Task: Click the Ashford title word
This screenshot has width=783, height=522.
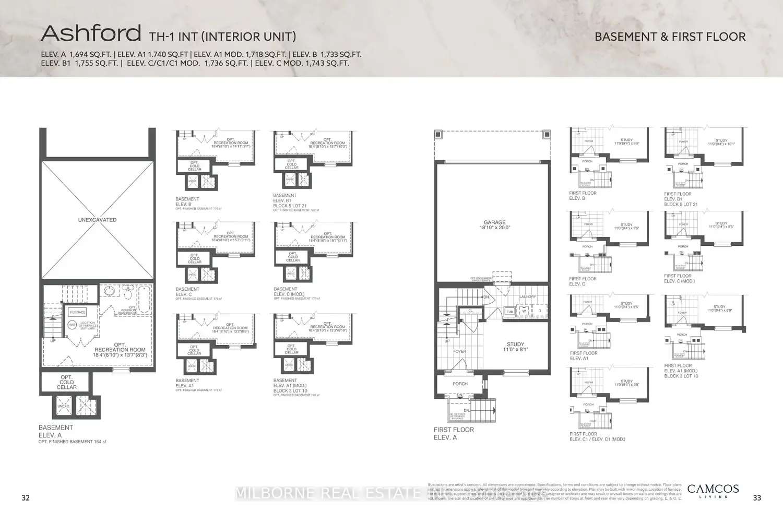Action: tap(91, 33)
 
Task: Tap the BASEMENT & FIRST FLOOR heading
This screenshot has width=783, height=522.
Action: tap(670, 37)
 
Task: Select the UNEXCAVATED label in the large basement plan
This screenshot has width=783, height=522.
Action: tap(97, 220)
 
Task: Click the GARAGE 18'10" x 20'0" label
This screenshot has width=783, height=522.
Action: tap(494, 225)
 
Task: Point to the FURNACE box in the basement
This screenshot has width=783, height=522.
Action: tap(78, 312)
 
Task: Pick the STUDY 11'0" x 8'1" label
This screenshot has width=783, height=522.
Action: tap(515, 347)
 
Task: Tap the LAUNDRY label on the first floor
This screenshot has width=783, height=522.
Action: tap(527, 296)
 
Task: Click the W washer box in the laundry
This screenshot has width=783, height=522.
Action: tap(524, 311)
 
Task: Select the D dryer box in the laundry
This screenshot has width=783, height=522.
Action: tap(540, 311)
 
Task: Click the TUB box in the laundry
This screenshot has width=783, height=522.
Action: tap(509, 312)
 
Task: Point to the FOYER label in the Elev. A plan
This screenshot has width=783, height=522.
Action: tap(459, 351)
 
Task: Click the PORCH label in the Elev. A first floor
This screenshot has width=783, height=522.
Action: tap(460, 384)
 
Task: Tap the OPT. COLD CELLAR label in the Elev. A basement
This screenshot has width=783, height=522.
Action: tap(66, 382)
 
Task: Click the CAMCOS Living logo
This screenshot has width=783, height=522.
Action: tap(713, 491)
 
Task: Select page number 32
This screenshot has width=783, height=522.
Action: tap(26, 498)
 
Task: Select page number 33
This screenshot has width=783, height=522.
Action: tap(757, 498)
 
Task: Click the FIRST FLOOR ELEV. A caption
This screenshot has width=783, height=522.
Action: tap(454, 433)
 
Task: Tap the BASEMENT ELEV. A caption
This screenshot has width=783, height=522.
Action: tap(56, 431)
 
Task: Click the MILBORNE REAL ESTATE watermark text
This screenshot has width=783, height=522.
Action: tap(327, 493)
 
